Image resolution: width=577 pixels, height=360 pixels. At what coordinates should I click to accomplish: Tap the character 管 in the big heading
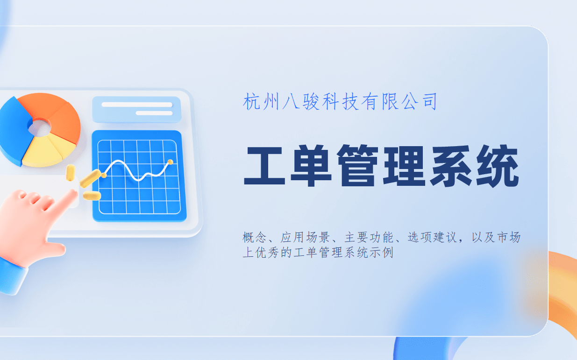coord(357,167)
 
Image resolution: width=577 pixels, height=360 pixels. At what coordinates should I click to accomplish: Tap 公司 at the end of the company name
coord(420,101)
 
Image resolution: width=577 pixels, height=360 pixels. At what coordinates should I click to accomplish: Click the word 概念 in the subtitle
coord(255,238)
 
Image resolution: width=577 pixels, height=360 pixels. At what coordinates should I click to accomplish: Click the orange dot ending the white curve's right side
coord(170,162)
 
